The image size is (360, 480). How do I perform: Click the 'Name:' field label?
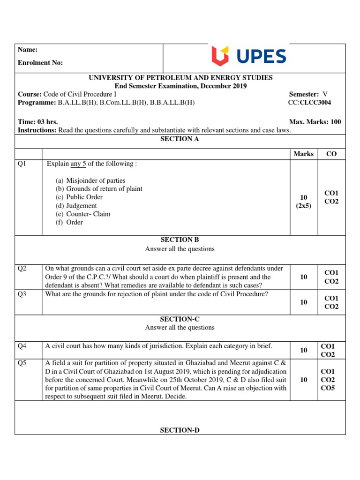pos(28,50)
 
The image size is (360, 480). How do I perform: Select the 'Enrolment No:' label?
pos(40,63)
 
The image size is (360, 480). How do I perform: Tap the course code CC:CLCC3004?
pos(312,103)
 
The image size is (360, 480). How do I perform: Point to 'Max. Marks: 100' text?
pos(315,122)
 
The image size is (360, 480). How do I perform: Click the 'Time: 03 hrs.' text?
pos(38,122)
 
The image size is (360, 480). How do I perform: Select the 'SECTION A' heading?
pos(180,139)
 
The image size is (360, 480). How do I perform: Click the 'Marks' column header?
pos(303,154)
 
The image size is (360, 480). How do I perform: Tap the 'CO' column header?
pos(331,154)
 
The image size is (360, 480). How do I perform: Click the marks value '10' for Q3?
pos(303,302)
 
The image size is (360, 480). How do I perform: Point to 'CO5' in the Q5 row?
pos(328,388)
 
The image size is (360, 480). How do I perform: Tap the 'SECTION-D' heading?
pos(180,430)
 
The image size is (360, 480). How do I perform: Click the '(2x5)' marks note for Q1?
pos(303,206)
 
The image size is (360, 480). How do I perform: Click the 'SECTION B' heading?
pos(180,240)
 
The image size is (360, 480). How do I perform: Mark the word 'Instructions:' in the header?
pos(37,130)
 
